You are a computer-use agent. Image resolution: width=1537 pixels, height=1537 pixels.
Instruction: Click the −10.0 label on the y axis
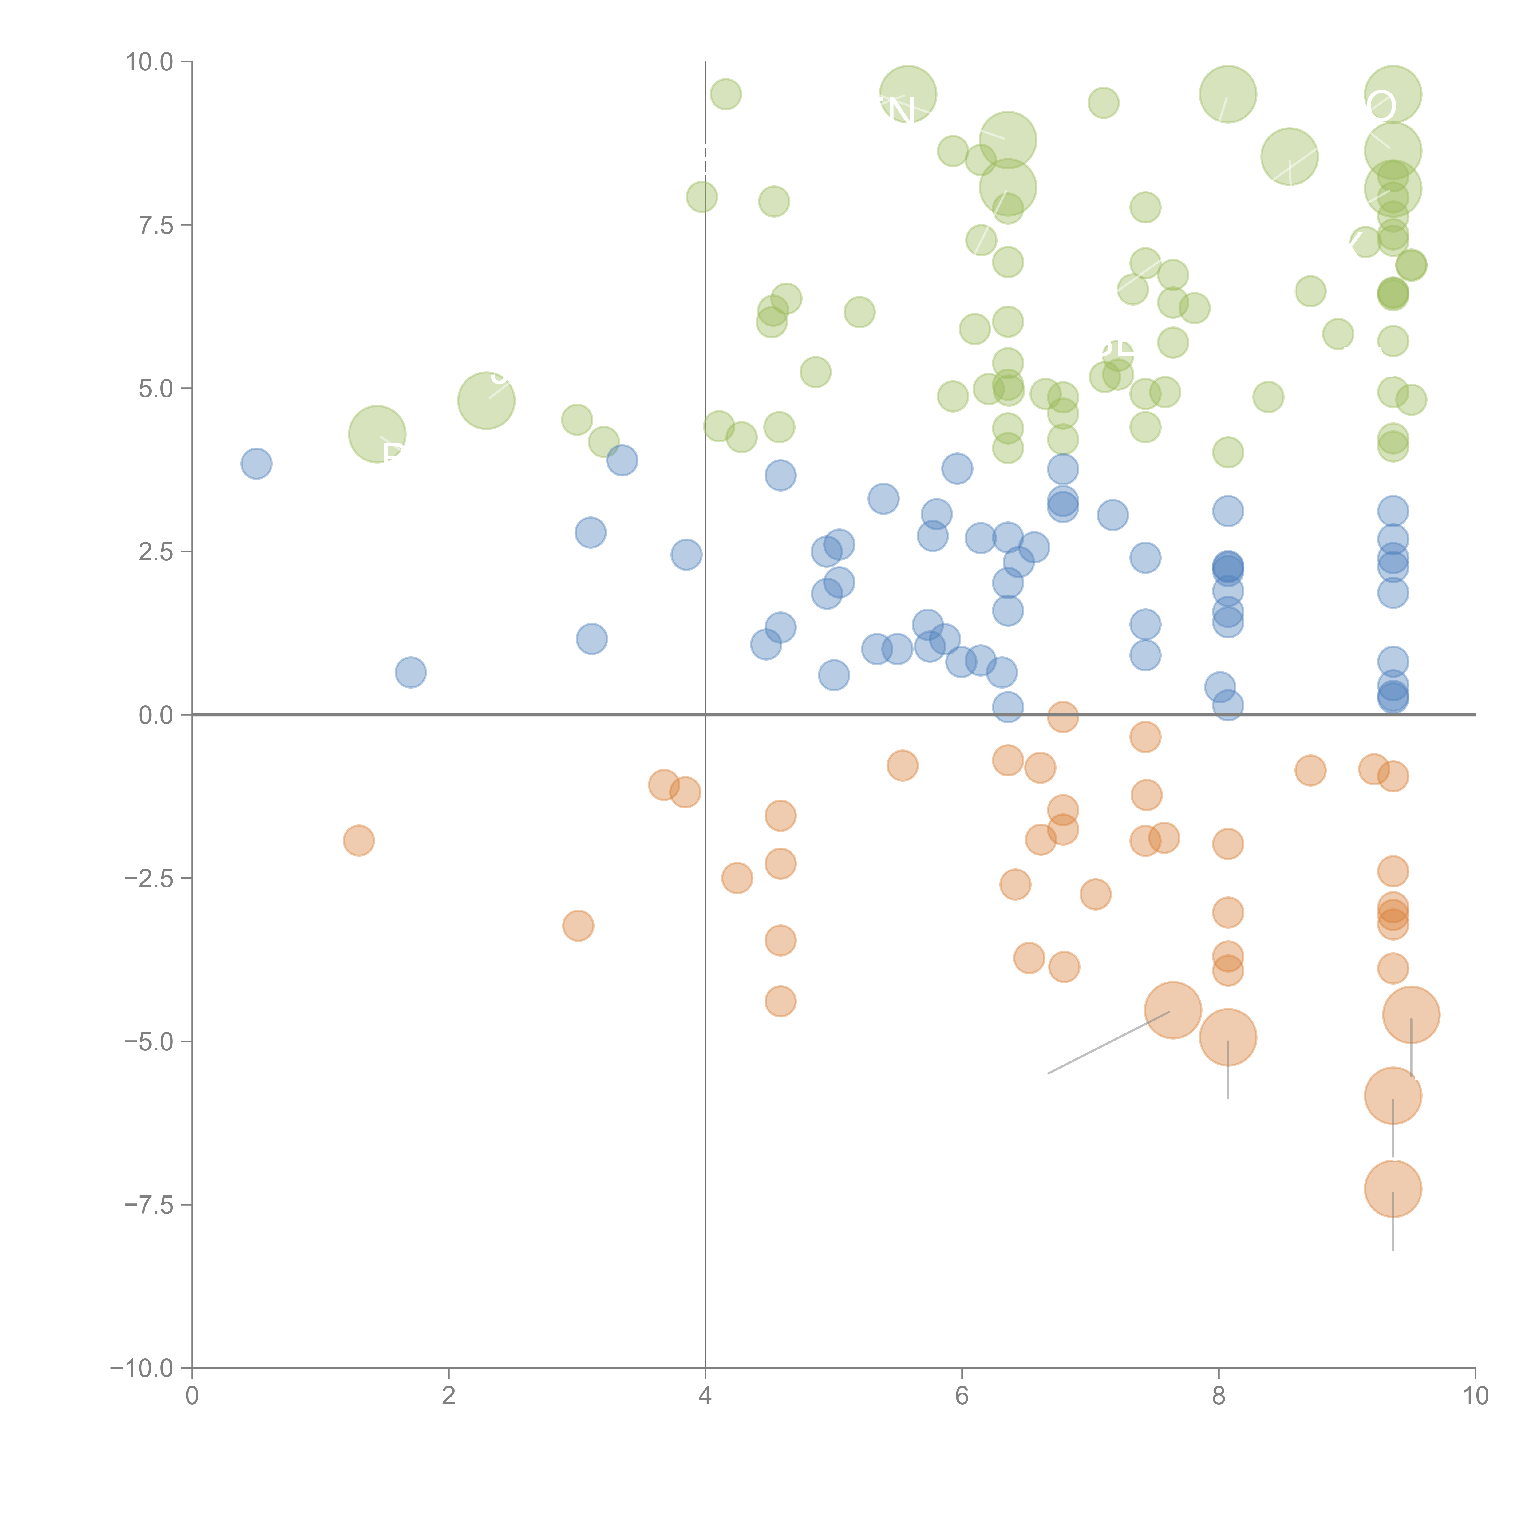(142, 1368)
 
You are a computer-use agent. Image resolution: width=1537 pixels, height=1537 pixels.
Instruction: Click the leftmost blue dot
(256, 463)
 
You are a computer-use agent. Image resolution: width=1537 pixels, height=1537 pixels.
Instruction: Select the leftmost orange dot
(359, 840)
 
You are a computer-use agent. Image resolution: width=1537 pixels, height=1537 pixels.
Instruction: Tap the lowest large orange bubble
(1392, 1188)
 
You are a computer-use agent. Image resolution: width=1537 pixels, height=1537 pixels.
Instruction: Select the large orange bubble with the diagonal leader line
(1173, 1010)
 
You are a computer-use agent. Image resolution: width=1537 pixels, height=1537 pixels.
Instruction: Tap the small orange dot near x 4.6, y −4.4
(780, 1001)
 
